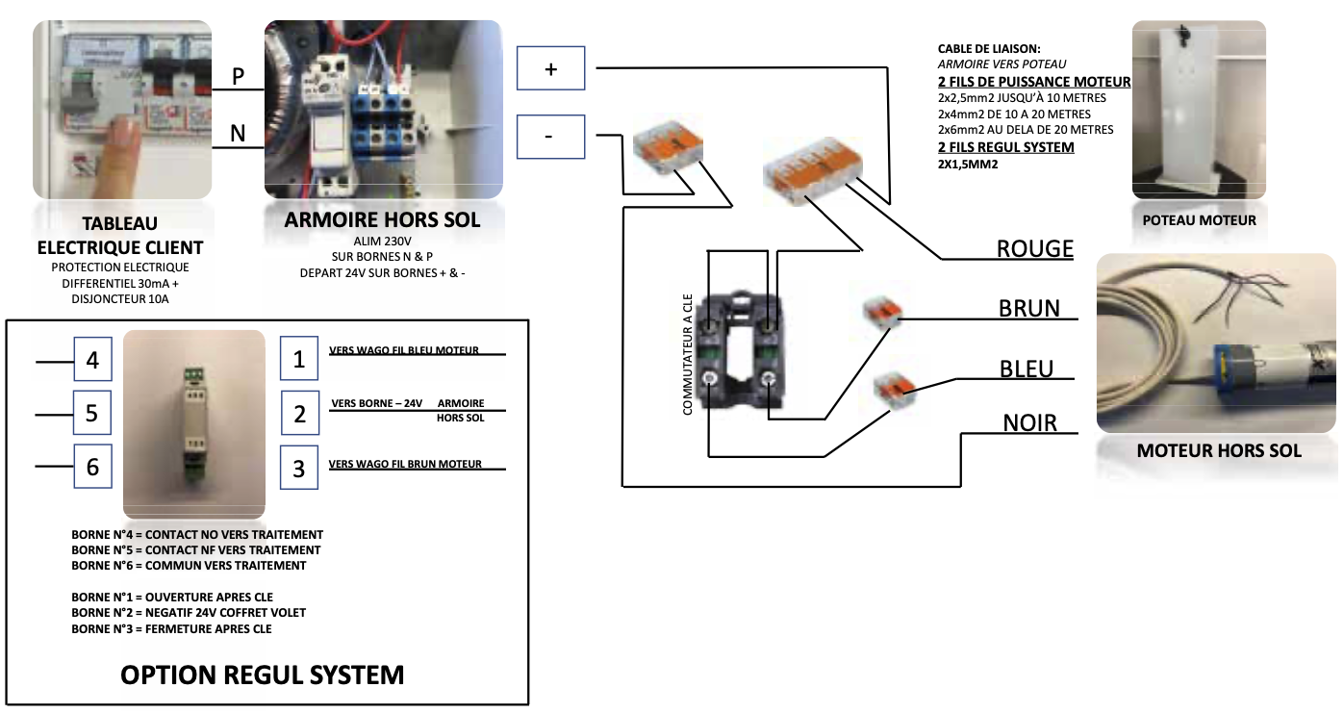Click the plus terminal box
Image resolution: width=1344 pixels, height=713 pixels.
550,70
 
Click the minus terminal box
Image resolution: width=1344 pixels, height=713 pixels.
550,136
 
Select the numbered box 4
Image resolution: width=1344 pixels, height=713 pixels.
92,362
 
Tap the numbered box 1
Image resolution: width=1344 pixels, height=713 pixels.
299,360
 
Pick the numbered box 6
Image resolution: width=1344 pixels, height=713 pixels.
92,467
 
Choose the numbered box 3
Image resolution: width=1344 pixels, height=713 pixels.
299,469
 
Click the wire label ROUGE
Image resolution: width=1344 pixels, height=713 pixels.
1034,249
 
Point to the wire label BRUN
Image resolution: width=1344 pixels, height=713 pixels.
1029,309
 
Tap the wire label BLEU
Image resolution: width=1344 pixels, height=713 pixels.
1027,369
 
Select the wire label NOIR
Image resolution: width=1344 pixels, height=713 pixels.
1029,422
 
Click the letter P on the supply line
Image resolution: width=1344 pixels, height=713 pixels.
238,76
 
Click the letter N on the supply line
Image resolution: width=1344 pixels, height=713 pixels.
238,134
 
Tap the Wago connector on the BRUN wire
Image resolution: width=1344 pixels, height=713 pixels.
881,313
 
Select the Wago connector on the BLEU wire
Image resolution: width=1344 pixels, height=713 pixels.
890,391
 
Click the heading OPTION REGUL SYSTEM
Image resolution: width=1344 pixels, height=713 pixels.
262,675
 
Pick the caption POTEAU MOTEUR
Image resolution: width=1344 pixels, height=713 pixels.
1199,220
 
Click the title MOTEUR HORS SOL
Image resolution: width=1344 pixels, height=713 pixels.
1218,450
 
